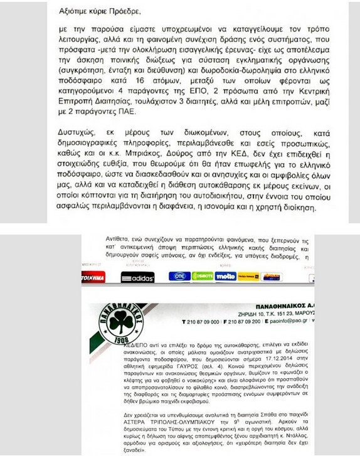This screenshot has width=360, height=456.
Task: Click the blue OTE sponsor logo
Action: [x=179, y=276]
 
